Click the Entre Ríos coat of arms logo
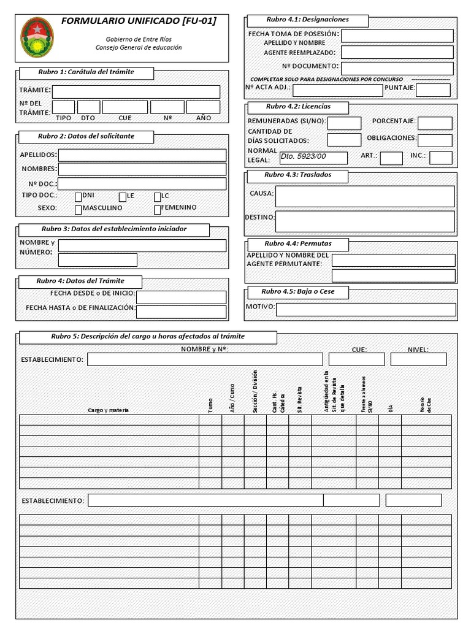[x=37, y=37]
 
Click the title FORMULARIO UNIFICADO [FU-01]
[x=139, y=21]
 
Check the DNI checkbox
[x=78, y=197]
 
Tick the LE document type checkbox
[x=123, y=197]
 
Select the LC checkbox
[x=157, y=197]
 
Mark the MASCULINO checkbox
[x=78, y=210]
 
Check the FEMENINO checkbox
[x=157, y=210]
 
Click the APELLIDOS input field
[x=142, y=155]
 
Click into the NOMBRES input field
[x=142, y=169]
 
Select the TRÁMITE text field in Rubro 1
[x=136, y=92]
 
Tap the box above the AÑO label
[x=203, y=107]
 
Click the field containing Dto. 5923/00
[x=313, y=158]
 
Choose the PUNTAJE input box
[x=433, y=90]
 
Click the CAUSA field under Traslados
[x=365, y=196]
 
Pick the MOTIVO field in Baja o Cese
[x=366, y=309]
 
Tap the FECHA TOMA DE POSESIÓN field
[x=397, y=36]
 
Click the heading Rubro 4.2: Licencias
[x=297, y=107]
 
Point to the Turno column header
[x=210, y=405]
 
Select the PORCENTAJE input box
[x=435, y=123]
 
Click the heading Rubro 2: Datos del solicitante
[x=86, y=136]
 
